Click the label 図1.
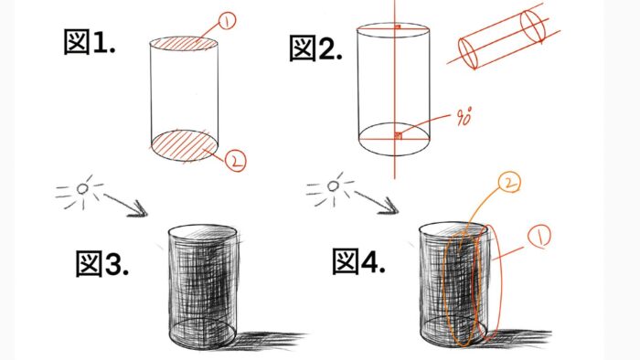[x=90, y=42]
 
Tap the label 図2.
[x=315, y=48]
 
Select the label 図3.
[x=102, y=264]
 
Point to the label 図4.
[x=358, y=261]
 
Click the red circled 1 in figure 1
[x=227, y=21]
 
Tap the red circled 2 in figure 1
[x=236, y=160]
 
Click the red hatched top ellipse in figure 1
[x=184, y=44]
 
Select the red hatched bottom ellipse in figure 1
[x=184, y=145]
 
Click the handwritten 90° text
[x=464, y=117]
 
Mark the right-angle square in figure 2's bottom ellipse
[x=399, y=136]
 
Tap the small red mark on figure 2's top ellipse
[x=398, y=26]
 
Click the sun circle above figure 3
[x=83, y=188]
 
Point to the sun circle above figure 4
[x=334, y=186]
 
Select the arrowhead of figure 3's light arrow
[x=139, y=208]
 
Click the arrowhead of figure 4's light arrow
[x=389, y=206]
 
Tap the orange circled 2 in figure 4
[x=509, y=183]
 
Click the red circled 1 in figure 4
[x=539, y=236]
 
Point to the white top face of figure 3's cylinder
[x=202, y=232]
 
